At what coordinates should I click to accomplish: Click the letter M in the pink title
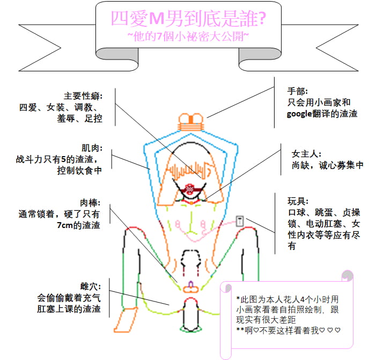(x=157, y=19)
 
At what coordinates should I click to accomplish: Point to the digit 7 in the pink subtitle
(x=159, y=36)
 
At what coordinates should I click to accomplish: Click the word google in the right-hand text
(x=299, y=114)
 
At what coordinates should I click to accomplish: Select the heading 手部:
(x=298, y=91)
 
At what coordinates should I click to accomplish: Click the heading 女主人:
(x=306, y=154)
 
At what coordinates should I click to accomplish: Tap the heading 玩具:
(x=298, y=201)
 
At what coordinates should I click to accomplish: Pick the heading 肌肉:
(x=92, y=148)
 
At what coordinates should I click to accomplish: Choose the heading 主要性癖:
(x=83, y=96)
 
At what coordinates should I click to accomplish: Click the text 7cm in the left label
(x=65, y=225)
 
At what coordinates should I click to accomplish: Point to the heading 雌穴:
(x=91, y=286)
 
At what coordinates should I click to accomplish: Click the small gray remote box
(x=240, y=221)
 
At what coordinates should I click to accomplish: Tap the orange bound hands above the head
(x=191, y=122)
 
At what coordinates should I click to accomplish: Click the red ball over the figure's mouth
(x=190, y=189)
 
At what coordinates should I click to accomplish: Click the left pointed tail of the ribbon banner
(x=40, y=48)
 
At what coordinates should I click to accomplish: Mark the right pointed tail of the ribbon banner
(x=337, y=48)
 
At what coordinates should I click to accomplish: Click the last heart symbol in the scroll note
(x=337, y=330)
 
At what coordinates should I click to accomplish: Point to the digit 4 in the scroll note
(x=302, y=299)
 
